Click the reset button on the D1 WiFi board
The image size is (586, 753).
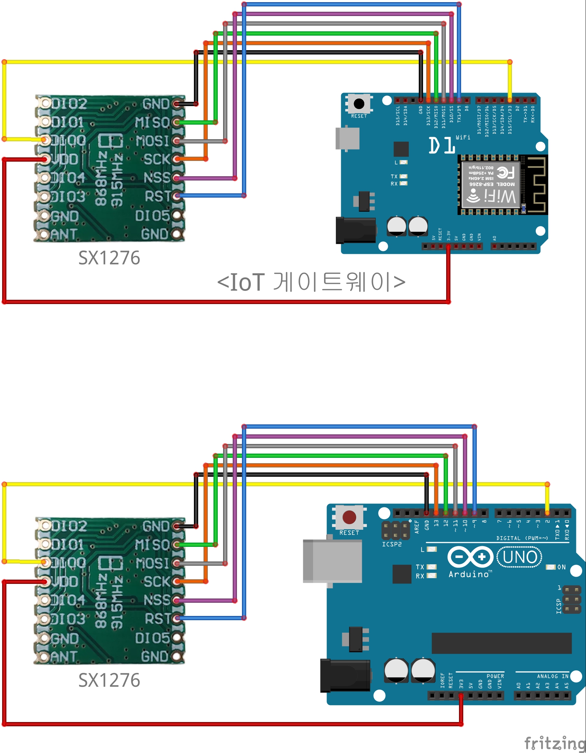[359, 104]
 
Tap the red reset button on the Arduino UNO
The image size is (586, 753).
[349, 517]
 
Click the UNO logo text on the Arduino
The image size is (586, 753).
[519, 558]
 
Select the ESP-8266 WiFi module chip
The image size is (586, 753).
[491, 184]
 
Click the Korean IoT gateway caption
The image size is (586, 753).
[311, 282]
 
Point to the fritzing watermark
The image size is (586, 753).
[555, 743]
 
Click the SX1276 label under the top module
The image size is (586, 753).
[109, 258]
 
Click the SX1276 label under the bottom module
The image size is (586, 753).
[109, 680]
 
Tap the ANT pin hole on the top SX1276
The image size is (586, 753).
[44, 234]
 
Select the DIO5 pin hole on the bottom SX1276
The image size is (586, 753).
[177, 638]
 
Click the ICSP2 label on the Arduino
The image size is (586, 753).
[392, 544]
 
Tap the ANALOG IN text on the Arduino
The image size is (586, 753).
[553, 676]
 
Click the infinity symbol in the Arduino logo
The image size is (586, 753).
[470, 557]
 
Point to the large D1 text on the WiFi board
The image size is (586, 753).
[442, 145]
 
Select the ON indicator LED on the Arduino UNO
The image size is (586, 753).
[551, 567]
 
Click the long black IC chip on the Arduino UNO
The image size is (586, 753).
[501, 643]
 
